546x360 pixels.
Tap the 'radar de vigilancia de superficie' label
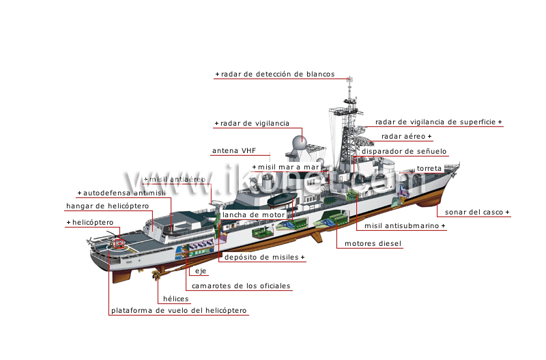[x=437, y=122]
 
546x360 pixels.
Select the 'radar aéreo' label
[x=405, y=137]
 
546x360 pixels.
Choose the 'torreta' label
[x=429, y=167]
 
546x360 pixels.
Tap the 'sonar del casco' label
[x=475, y=212]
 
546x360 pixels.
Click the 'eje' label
[x=200, y=271]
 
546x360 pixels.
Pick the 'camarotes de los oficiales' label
[x=241, y=286]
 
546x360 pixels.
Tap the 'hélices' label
[x=175, y=299]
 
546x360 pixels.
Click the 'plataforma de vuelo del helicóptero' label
[x=179, y=311]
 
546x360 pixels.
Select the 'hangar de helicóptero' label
[x=107, y=206]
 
